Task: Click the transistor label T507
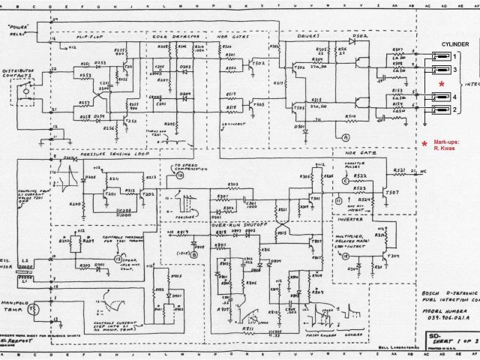[x=392, y=193]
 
